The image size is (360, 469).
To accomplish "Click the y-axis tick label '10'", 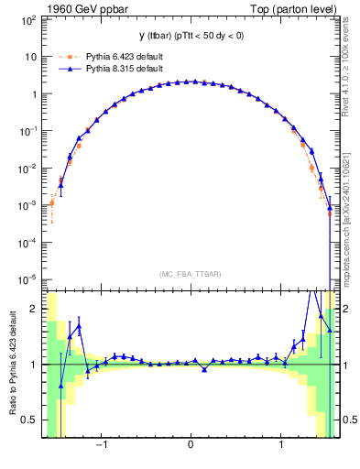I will (x=32, y=57).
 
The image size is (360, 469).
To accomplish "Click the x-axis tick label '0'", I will (x=190, y=446).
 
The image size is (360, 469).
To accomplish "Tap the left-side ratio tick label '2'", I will (x=35, y=309).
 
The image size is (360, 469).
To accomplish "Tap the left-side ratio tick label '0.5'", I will (x=31, y=420).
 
